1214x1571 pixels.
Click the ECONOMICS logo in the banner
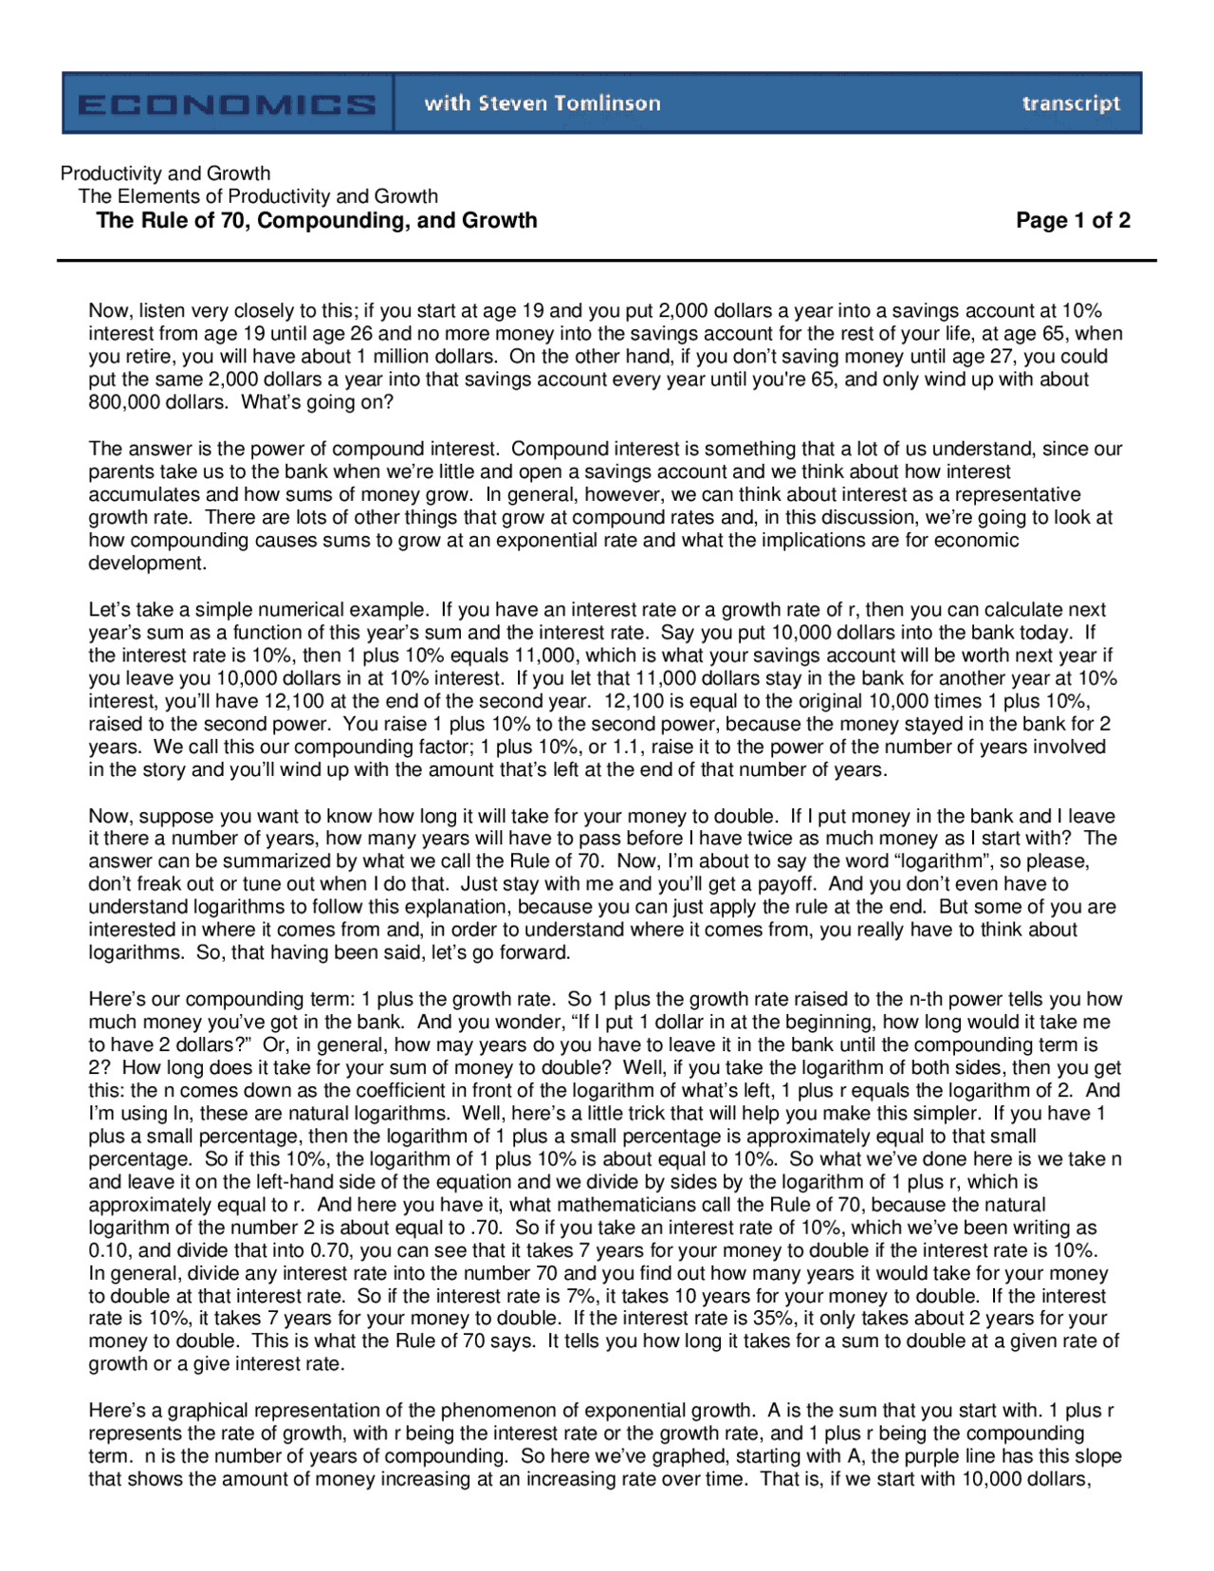[228, 103]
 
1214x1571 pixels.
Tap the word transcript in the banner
[1071, 103]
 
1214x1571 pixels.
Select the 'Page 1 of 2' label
[1073, 221]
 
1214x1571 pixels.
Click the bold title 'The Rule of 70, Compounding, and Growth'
[317, 221]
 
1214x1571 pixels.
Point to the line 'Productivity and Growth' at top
[165, 174]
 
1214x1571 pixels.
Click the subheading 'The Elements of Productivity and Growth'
[258, 196]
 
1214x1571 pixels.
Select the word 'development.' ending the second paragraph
[147, 564]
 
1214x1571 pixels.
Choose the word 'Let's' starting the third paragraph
[110, 610]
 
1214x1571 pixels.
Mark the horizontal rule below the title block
[607, 260]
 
